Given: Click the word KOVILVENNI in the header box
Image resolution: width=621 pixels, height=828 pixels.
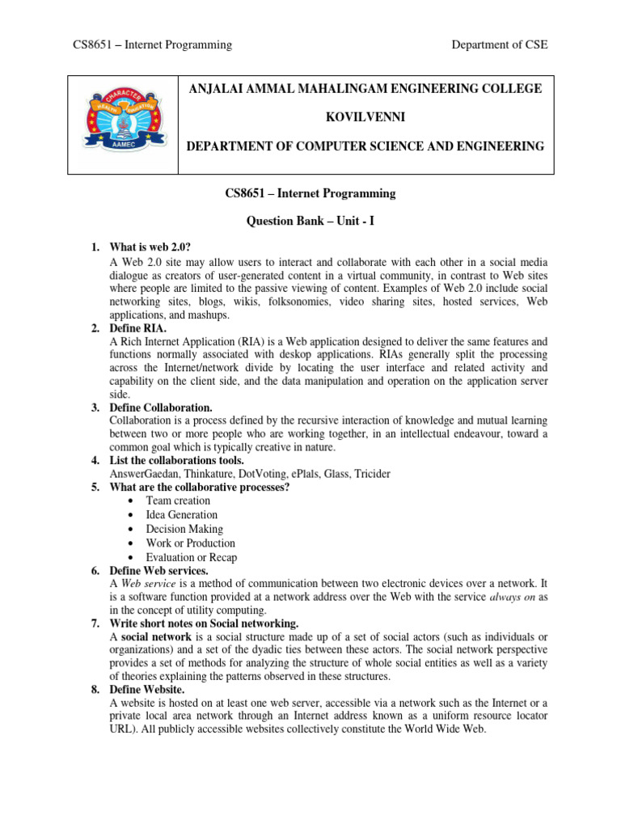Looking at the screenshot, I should [x=365, y=117].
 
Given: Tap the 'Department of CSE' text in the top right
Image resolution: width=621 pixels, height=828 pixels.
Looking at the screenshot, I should [x=500, y=45].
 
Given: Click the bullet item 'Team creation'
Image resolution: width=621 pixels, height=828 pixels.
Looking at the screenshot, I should [x=178, y=501].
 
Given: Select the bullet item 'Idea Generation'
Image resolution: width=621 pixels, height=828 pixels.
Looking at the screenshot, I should [x=181, y=514].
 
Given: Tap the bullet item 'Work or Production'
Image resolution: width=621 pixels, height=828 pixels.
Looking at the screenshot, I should [x=190, y=543].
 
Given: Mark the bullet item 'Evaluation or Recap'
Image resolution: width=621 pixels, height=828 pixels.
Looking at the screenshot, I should [x=192, y=557].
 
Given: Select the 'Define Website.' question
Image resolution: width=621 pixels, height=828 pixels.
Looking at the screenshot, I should [x=146, y=690].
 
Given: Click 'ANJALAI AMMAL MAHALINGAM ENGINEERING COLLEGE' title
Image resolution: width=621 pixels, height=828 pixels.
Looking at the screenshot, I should [x=365, y=88].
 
